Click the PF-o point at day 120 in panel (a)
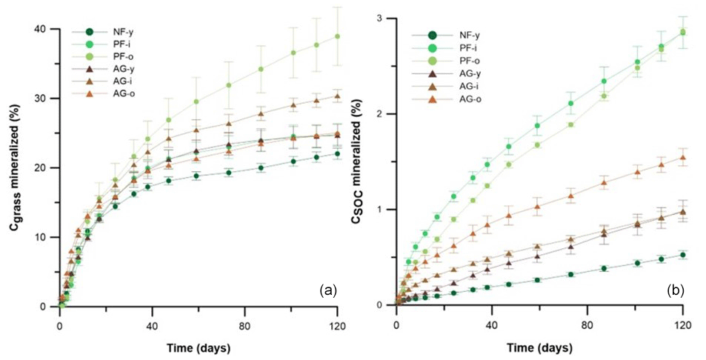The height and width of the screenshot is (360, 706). [338, 36]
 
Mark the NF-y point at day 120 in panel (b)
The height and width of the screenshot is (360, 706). [682, 255]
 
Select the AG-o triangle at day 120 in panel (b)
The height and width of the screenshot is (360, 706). [682, 157]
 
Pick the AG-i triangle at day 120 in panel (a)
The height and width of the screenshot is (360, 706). [338, 96]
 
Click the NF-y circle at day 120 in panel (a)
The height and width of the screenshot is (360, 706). [338, 154]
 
